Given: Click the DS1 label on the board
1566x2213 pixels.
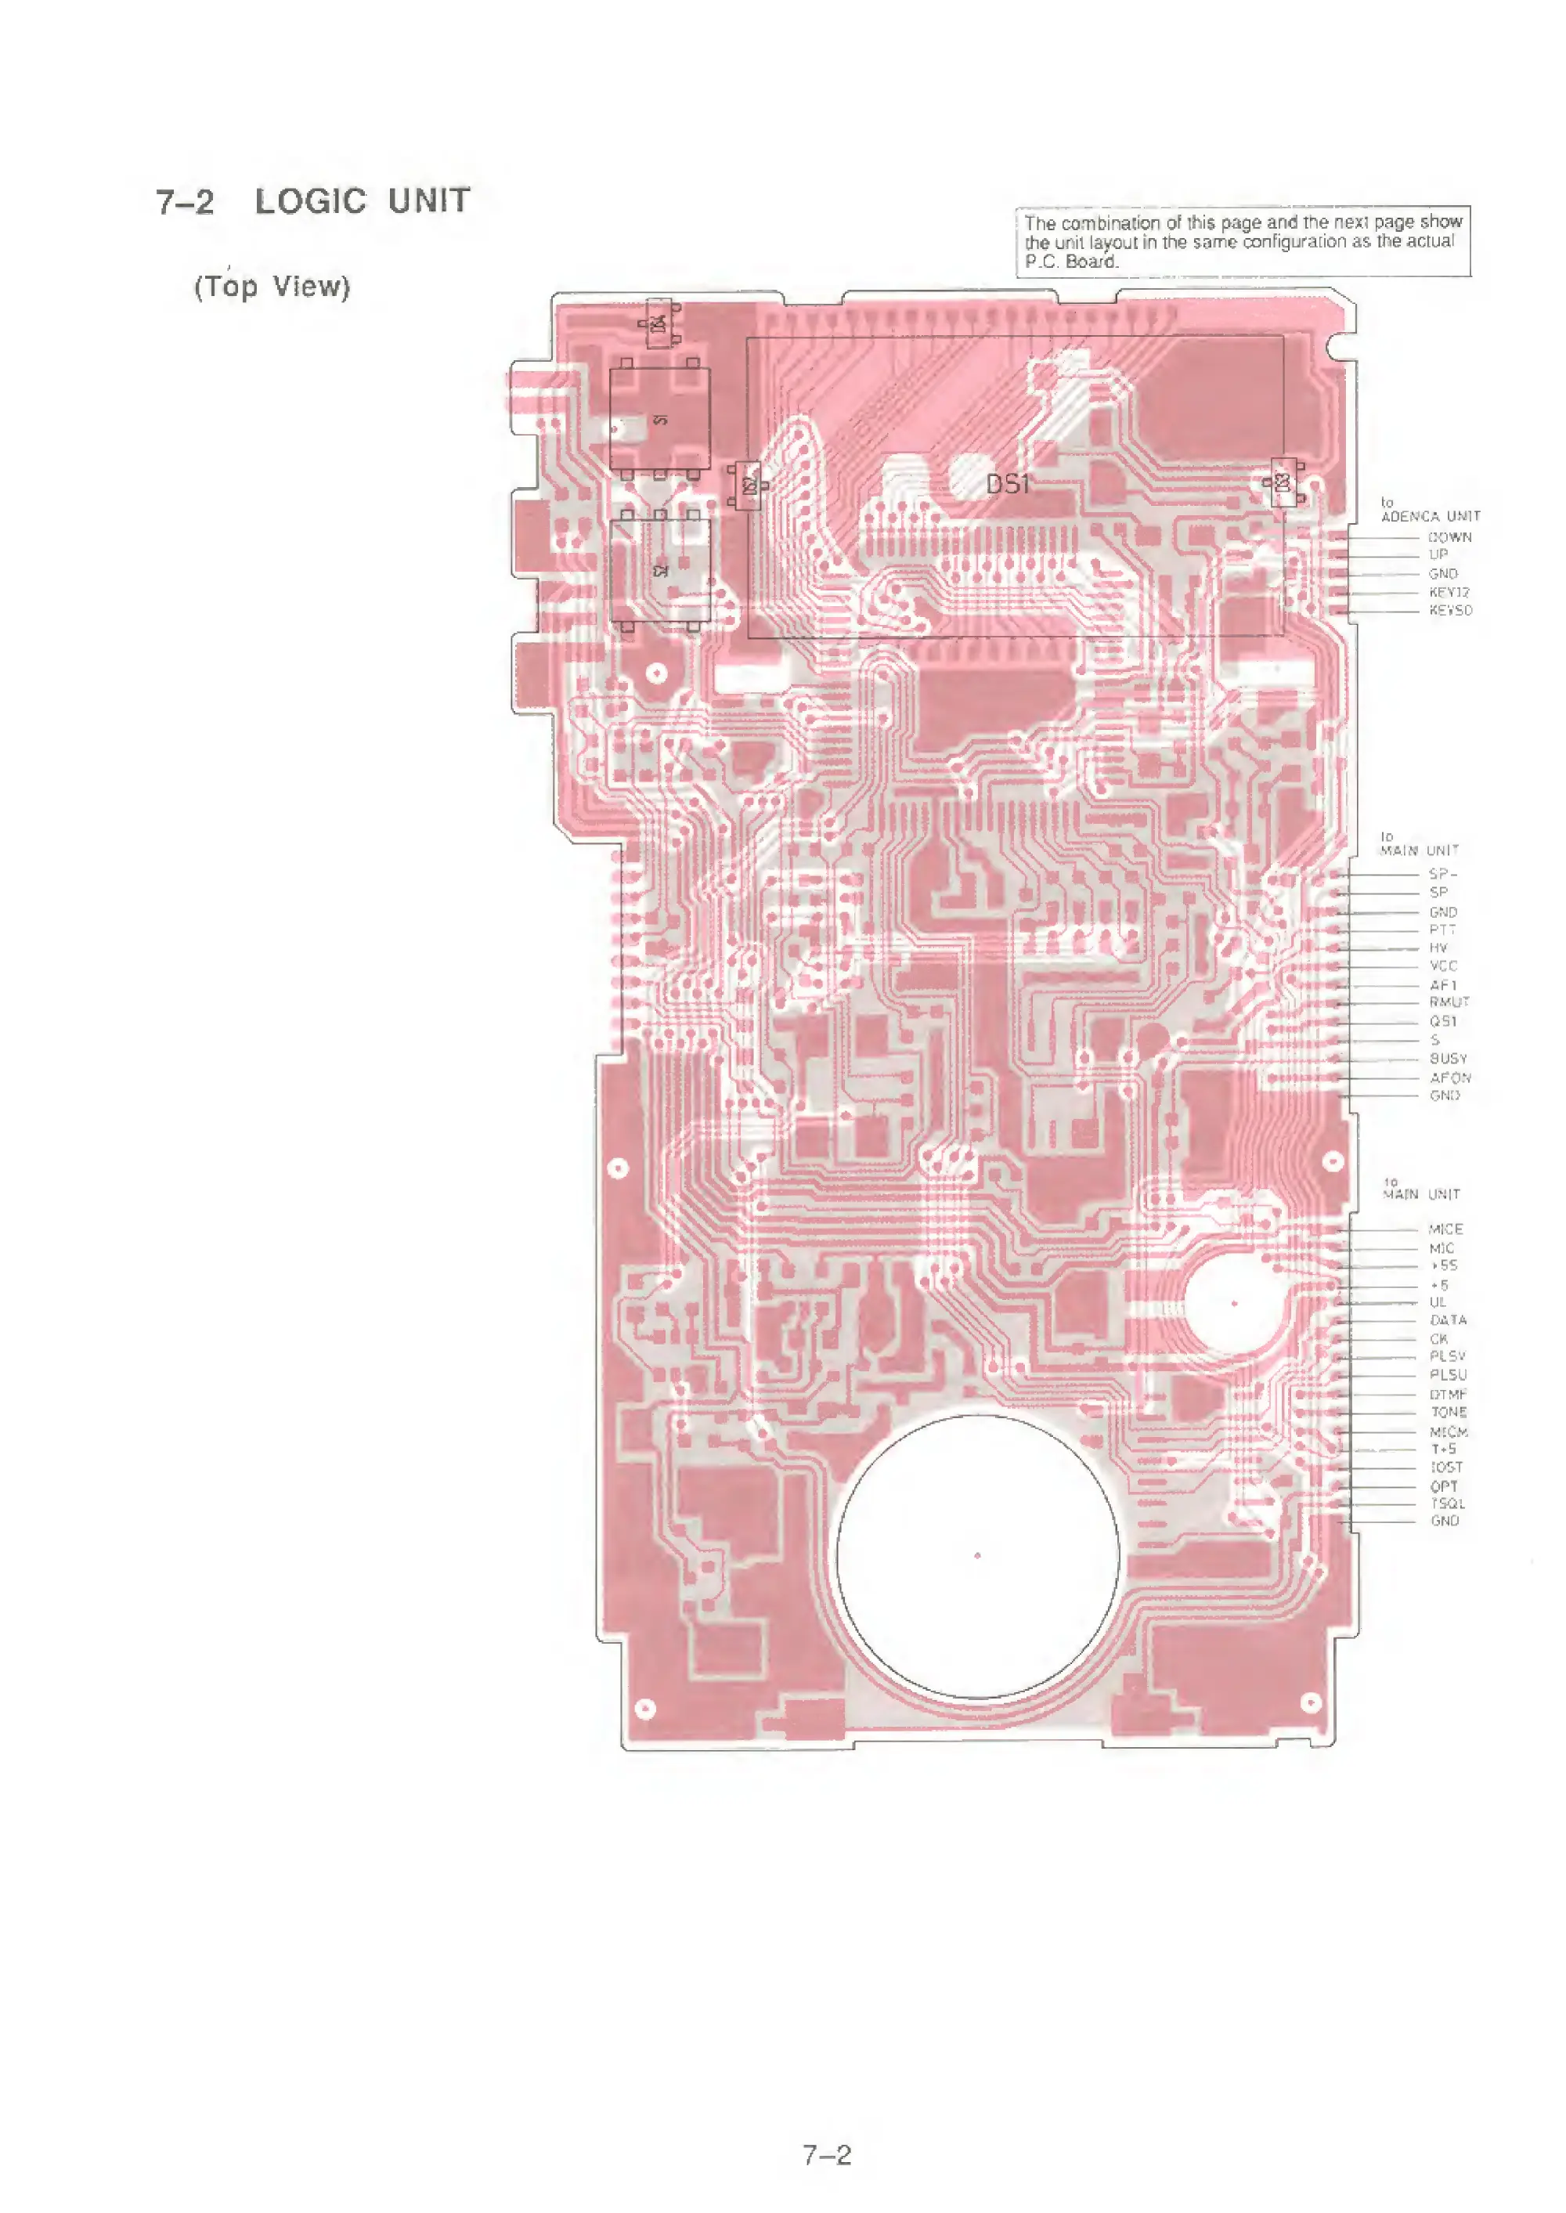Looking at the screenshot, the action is pos(1008,485).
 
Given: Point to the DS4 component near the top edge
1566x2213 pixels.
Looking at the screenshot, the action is pos(659,324).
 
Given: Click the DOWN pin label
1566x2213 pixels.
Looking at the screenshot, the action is pos(1449,537).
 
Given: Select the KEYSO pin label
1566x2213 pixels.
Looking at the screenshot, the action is pos(1450,610).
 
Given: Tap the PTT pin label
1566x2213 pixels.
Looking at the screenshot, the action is pos(1442,930).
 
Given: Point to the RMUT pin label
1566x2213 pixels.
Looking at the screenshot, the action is pos(1449,1003).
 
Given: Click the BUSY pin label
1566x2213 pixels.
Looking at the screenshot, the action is pos(1448,1059).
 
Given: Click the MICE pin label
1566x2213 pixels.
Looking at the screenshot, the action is pos(1445,1229).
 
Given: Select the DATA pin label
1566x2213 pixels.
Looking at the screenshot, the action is pos(1448,1320).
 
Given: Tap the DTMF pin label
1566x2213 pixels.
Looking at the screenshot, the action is pos(1448,1395).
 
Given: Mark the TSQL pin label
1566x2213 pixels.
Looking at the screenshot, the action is pos(1448,1504).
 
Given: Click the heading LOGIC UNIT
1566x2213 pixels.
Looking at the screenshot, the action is pos(362,201).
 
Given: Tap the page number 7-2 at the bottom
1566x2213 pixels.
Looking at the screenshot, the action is pos(828,2155).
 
